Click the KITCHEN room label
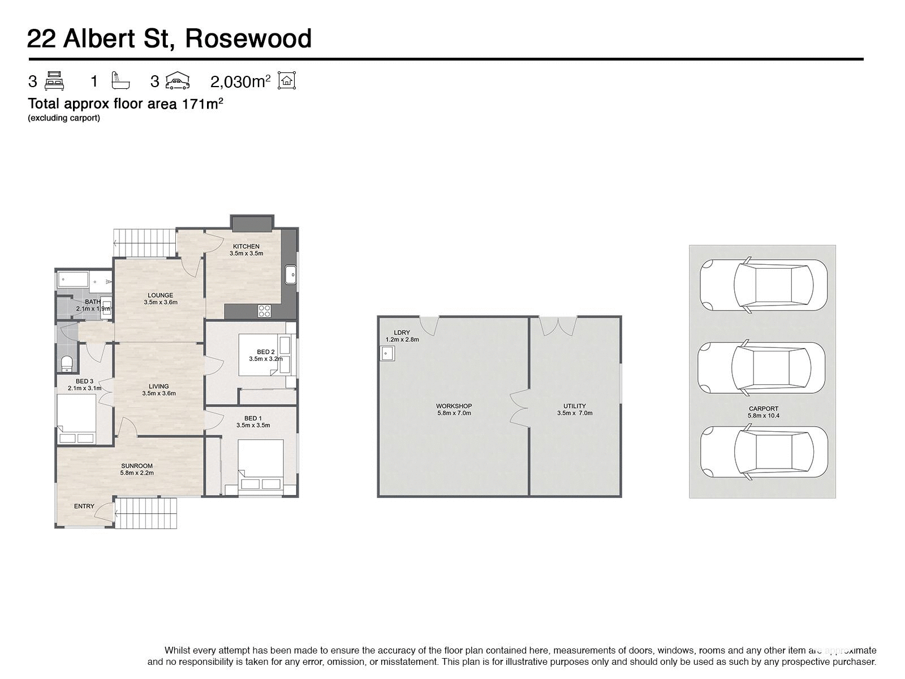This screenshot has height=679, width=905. point(246,247)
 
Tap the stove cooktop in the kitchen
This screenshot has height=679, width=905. point(265,310)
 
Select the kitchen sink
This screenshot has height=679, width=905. point(291,275)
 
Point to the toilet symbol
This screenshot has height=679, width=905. point(66,362)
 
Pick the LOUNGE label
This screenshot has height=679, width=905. point(161,295)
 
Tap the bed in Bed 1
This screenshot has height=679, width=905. point(260,465)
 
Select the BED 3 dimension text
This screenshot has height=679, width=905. point(85,389)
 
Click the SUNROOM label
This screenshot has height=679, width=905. point(137,466)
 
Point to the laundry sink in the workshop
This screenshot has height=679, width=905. point(387,354)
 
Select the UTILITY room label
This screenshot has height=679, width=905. point(575,406)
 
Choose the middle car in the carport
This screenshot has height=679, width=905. point(761,368)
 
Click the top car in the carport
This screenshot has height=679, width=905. point(764,285)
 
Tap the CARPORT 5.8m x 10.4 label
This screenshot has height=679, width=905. point(764,412)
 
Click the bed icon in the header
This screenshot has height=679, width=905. point(54,81)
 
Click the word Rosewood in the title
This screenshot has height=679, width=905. point(248,38)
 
